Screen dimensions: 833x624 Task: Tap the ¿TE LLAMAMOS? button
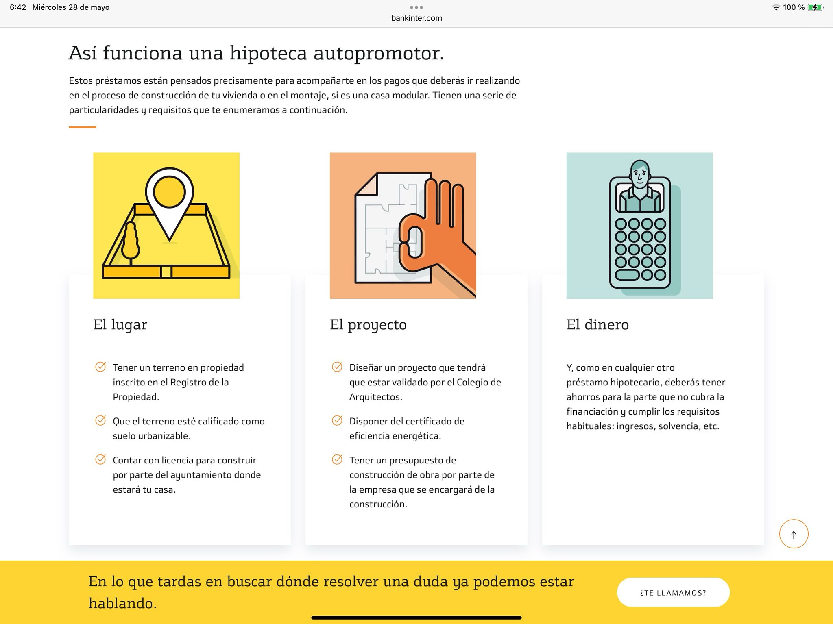[673, 592]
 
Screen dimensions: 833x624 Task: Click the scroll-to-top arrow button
[794, 534]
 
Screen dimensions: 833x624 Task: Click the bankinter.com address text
[416, 18]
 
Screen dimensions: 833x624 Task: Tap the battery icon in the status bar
[816, 7]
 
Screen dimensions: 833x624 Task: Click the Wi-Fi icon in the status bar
[776, 7]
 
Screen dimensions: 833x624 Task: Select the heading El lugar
[120, 324]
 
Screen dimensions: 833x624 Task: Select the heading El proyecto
[368, 325]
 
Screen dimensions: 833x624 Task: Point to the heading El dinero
[597, 324]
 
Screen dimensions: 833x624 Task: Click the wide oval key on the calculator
[627, 275]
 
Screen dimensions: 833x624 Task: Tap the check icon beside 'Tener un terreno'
[100, 367]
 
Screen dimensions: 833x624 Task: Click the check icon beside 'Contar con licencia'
[100, 459]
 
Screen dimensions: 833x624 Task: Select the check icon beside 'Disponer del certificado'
[337, 420]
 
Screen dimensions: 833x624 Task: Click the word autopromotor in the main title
[379, 53]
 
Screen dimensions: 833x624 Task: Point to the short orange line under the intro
[83, 127]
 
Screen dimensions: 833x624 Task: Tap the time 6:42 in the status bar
[18, 7]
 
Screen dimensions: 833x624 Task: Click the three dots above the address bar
[416, 7]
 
